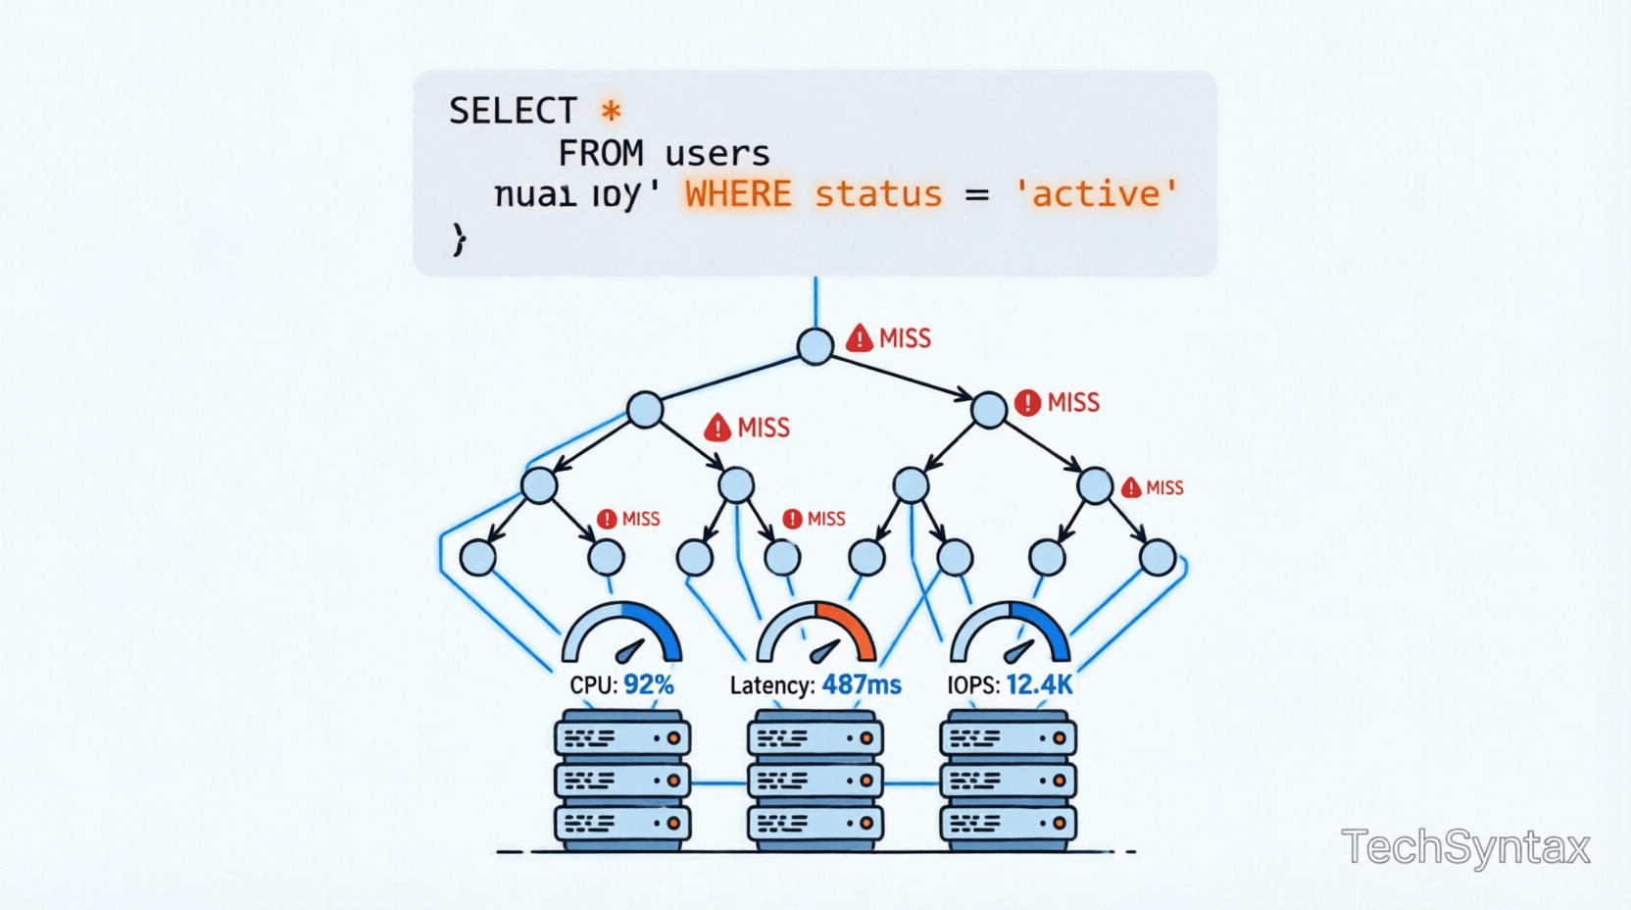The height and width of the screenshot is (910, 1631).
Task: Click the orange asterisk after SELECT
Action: tap(611, 111)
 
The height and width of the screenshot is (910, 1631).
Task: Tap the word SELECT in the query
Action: tap(513, 111)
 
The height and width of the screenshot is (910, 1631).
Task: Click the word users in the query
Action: tap(717, 154)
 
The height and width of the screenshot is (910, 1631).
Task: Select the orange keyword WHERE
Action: tap(738, 194)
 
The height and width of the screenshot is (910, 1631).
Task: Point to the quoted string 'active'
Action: tap(1096, 194)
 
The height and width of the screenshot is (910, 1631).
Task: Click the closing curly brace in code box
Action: tap(459, 238)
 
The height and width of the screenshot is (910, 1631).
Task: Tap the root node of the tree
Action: tap(815, 346)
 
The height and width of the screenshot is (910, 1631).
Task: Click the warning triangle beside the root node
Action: tap(860, 338)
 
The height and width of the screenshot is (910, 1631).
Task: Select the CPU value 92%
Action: tap(649, 684)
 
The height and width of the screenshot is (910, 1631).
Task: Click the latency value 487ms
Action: tap(862, 684)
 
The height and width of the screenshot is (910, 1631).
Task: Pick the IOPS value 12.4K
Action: tap(1039, 684)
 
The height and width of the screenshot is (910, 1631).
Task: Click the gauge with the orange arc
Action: tap(815, 633)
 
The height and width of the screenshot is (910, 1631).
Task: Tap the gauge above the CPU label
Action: tap(621, 633)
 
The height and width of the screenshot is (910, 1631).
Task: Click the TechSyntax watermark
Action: tap(1465, 847)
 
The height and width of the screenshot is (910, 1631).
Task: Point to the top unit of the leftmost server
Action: tap(622, 737)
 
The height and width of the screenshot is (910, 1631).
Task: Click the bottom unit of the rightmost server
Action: tap(1008, 823)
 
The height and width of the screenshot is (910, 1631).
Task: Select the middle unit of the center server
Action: tap(815, 781)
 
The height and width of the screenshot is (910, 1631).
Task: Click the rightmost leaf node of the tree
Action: tap(1158, 557)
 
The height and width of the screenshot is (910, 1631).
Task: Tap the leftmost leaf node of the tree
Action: tap(478, 557)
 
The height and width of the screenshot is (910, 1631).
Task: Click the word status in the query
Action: tap(878, 194)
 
